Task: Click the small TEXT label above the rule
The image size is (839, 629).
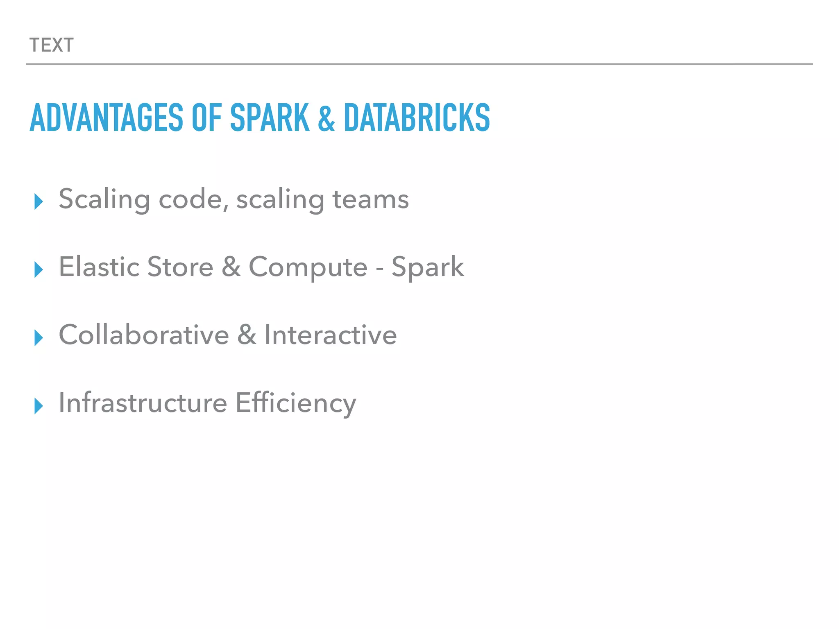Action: [x=52, y=45]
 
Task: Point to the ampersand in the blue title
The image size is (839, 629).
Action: [x=326, y=118]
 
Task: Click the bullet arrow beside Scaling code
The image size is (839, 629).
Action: [x=39, y=201]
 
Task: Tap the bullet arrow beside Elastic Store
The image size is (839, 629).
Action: [x=39, y=269]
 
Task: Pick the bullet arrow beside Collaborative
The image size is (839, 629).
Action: [x=39, y=337]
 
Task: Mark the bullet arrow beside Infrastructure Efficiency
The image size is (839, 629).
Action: [x=39, y=405]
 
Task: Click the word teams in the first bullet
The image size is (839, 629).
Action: [x=370, y=199]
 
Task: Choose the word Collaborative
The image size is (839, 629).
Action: [x=144, y=335]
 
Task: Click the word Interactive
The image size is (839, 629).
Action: [x=331, y=335]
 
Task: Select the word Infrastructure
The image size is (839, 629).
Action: [x=143, y=403]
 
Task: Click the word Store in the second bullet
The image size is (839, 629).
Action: [x=180, y=267]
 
